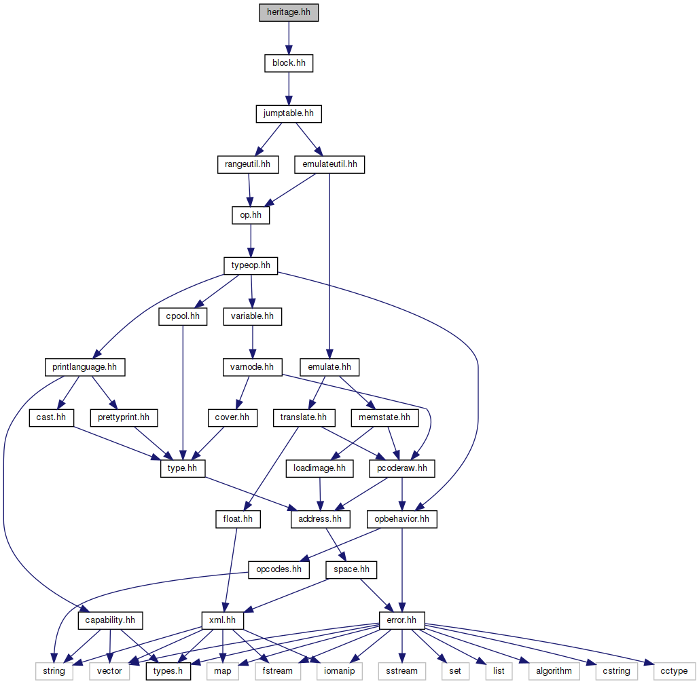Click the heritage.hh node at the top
click(288, 13)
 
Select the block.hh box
click(288, 63)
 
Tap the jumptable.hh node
click(288, 113)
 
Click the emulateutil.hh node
click(329, 164)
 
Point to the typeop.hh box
click(251, 265)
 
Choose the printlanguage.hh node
click(84, 367)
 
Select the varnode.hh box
click(251, 367)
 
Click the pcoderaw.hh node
click(402, 468)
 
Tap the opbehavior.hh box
click(402, 519)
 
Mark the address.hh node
click(320, 519)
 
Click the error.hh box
click(402, 620)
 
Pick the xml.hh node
click(223, 620)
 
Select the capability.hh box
click(109, 620)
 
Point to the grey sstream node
click(401, 671)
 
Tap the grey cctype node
click(674, 671)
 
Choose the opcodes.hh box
click(279, 569)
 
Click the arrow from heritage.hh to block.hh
click(288, 38)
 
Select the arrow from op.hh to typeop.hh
click(251, 240)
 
